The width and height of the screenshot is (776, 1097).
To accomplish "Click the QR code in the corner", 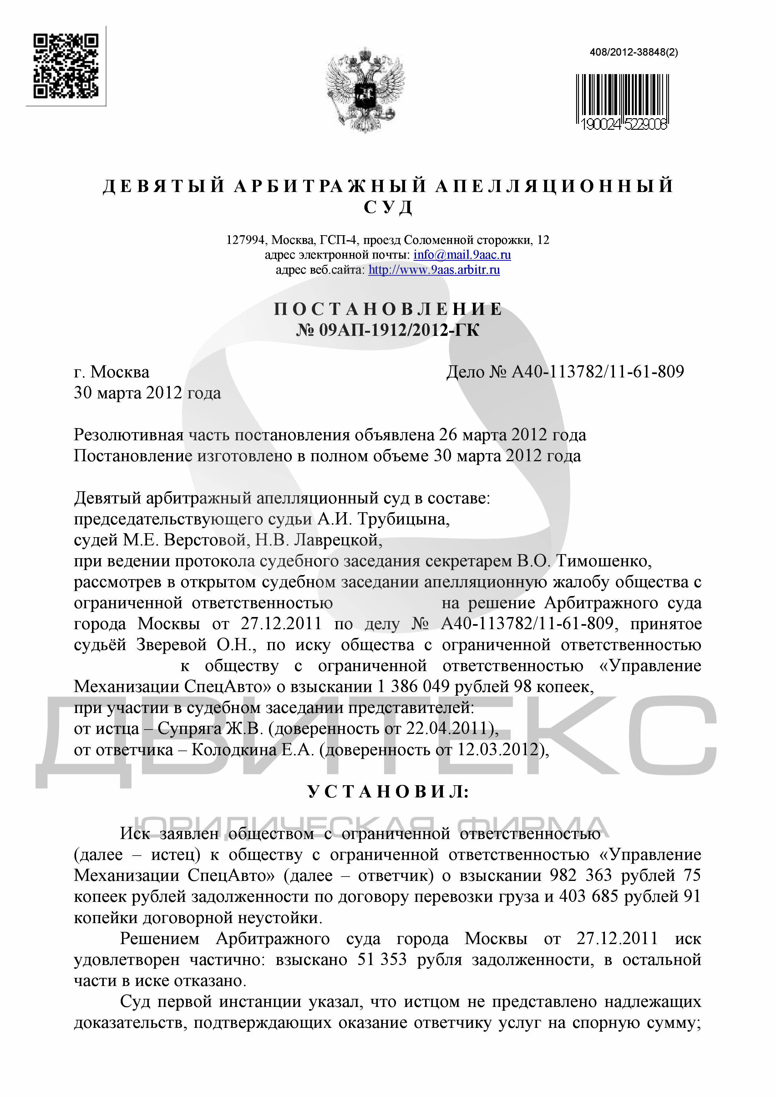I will pos(66,66).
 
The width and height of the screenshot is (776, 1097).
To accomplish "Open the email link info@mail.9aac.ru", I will pos(462,255).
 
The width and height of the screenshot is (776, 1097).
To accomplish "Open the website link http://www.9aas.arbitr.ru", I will pos(434,270).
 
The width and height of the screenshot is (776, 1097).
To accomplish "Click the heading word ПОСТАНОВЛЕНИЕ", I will pos(388,309).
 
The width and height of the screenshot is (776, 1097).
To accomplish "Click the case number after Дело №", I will pos(598,372).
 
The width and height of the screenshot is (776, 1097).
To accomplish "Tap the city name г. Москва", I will pos(111,372).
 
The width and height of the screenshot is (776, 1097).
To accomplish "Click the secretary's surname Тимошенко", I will pos(603,561).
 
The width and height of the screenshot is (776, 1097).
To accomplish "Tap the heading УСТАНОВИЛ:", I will pos(388,792).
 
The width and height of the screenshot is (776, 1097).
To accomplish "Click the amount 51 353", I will pos(382,960).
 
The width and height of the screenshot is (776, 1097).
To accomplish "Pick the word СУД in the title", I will pos(388,207).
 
